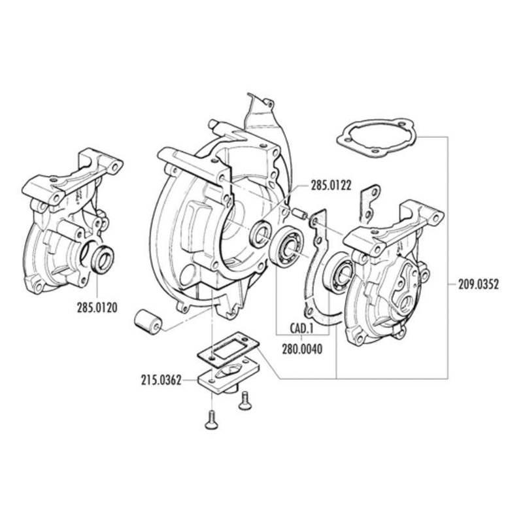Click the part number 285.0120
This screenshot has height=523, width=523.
(97, 307)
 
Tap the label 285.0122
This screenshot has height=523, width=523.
(331, 186)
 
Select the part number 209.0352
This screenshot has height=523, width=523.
(479, 284)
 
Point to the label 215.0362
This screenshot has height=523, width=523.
(161, 380)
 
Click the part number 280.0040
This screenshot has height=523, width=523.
(303, 349)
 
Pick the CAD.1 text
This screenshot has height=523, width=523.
(301, 329)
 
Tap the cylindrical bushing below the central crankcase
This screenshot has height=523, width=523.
(148, 322)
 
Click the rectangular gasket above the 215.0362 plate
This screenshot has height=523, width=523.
(228, 348)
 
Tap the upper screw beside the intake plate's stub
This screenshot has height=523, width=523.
(244, 401)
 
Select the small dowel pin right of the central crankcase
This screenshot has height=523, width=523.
(299, 214)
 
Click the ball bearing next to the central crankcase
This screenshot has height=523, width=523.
(287, 246)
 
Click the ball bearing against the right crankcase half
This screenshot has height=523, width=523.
(338, 271)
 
